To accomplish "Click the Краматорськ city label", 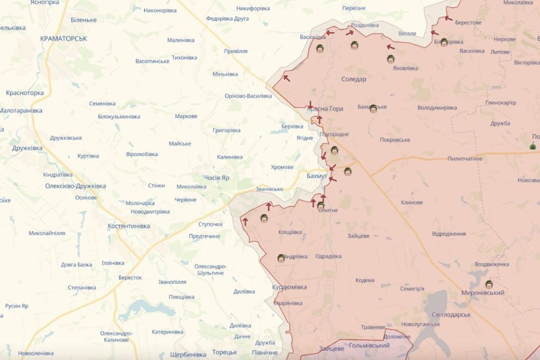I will [64, 38].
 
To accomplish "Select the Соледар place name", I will [354, 79].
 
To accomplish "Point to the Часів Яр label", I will [217, 178].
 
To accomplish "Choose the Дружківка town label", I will [27, 148].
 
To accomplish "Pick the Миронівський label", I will [482, 293].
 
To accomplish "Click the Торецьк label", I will [225, 352].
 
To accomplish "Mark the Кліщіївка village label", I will [290, 232].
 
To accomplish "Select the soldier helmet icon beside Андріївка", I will [281, 258].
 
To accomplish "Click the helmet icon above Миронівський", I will [489, 284].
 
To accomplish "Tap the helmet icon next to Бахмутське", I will [373, 109].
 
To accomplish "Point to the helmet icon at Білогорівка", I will [444, 42].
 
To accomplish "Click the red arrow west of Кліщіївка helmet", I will [245, 220].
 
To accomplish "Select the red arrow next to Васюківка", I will [330, 33].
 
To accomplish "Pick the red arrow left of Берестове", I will [448, 18].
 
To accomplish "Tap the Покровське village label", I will [395, 140].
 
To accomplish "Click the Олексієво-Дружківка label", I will [75, 186].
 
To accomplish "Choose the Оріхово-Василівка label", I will [248, 96].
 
